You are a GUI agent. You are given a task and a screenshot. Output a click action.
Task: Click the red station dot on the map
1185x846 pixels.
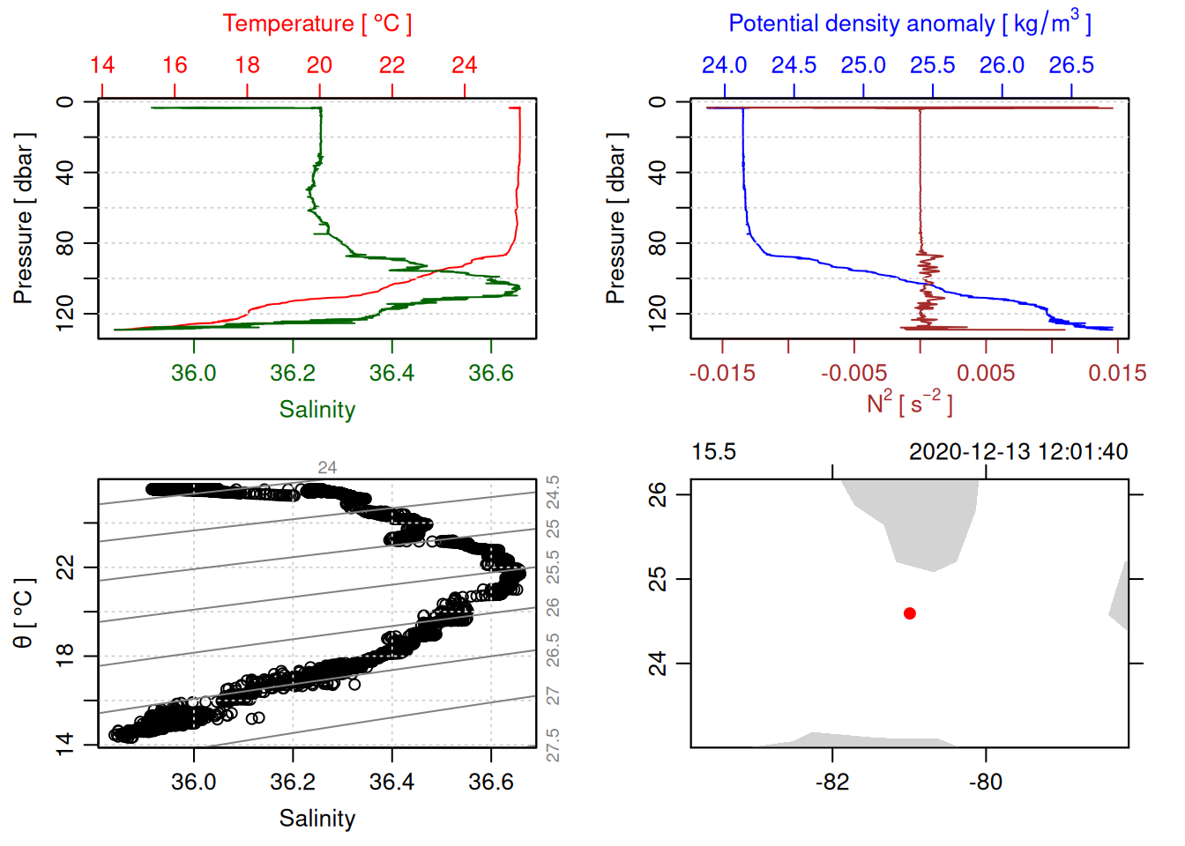pos(909,613)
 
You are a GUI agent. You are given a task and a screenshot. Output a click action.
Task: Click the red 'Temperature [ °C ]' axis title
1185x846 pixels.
pos(317,23)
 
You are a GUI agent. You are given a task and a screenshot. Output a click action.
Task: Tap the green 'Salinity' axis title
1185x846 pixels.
pos(317,410)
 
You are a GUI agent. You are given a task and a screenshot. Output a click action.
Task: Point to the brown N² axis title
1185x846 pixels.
pos(909,404)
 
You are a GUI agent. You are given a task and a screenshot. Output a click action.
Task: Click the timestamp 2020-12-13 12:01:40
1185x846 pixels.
pos(1018,452)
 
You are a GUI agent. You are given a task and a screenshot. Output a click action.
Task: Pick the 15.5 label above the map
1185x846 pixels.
pos(713,452)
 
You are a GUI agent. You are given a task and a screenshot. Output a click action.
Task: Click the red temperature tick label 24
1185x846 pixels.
pos(465,65)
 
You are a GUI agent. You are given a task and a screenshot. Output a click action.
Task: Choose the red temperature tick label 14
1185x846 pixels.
pos(102,65)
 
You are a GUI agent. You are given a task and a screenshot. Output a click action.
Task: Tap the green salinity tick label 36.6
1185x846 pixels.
pos(491,373)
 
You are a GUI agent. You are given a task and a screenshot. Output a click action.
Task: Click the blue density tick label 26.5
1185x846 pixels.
pos(1071,65)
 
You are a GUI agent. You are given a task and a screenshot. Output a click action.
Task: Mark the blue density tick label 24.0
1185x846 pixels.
pos(725,65)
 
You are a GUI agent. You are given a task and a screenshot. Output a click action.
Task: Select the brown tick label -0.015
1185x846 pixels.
pos(722,373)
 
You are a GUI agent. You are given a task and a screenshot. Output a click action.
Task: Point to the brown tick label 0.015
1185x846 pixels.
pos(1117,373)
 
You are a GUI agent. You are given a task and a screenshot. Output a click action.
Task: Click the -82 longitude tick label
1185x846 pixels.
pos(832,782)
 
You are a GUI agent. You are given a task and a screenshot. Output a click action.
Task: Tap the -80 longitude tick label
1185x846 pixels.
pos(986,782)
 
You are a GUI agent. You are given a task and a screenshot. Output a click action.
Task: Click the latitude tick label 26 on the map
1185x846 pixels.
pos(658,494)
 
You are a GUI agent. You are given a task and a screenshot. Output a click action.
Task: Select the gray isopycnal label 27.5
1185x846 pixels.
pos(553,746)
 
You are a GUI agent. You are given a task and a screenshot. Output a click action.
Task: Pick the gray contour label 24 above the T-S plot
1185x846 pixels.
pos(327,468)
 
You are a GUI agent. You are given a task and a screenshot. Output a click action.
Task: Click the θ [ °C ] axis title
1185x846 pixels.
pos(23,613)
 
